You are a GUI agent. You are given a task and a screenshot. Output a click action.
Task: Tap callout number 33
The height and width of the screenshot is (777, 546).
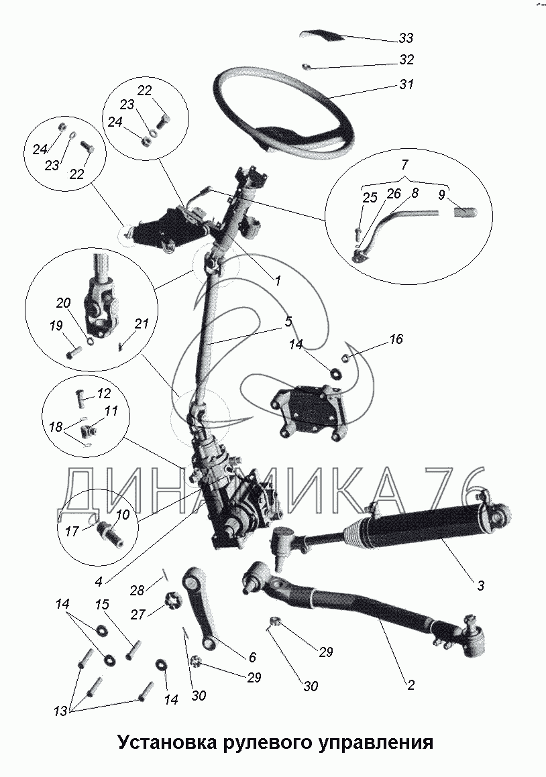406,38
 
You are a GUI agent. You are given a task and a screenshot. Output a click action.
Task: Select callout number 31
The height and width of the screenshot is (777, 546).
406,86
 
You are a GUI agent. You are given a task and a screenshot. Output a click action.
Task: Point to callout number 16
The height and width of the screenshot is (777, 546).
396,340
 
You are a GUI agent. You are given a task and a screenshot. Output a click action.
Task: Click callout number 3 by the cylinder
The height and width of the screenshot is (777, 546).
480,585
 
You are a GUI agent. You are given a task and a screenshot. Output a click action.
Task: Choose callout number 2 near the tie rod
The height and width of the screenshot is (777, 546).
411,684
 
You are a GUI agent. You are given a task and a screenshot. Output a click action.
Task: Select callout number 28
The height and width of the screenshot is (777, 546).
137,590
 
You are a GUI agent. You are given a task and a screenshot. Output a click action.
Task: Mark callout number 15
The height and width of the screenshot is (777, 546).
101,605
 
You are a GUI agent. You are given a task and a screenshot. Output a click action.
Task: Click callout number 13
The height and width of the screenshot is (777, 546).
60,711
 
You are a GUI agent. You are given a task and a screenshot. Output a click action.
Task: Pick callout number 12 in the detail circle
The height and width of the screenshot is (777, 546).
103,394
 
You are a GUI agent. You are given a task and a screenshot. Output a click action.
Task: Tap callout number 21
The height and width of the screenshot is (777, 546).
141,324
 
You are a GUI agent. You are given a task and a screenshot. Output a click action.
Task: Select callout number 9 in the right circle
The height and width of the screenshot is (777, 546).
441,196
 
